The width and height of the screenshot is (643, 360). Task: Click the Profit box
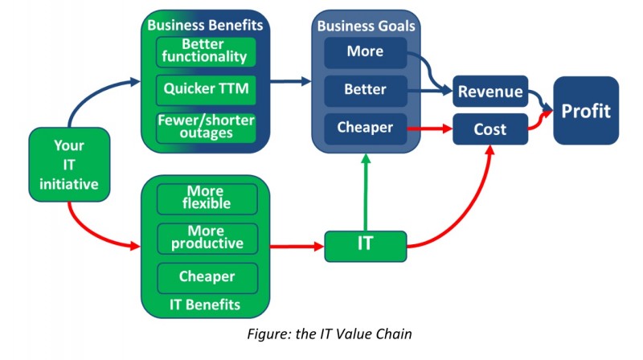586,110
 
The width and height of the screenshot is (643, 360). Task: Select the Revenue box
489,92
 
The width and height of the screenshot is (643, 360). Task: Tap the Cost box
489,129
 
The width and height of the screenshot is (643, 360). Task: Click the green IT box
365,243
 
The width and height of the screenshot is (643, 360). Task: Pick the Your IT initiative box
69,165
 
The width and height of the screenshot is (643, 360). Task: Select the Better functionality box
207,51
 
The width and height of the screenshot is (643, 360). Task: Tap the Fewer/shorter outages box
207,127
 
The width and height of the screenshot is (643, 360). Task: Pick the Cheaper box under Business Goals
366,128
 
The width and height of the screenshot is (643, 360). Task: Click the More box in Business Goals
366,52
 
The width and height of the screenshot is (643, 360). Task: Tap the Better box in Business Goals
366,89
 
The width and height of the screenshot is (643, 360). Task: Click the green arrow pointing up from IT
366,193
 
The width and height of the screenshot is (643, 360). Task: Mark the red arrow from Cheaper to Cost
430,128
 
